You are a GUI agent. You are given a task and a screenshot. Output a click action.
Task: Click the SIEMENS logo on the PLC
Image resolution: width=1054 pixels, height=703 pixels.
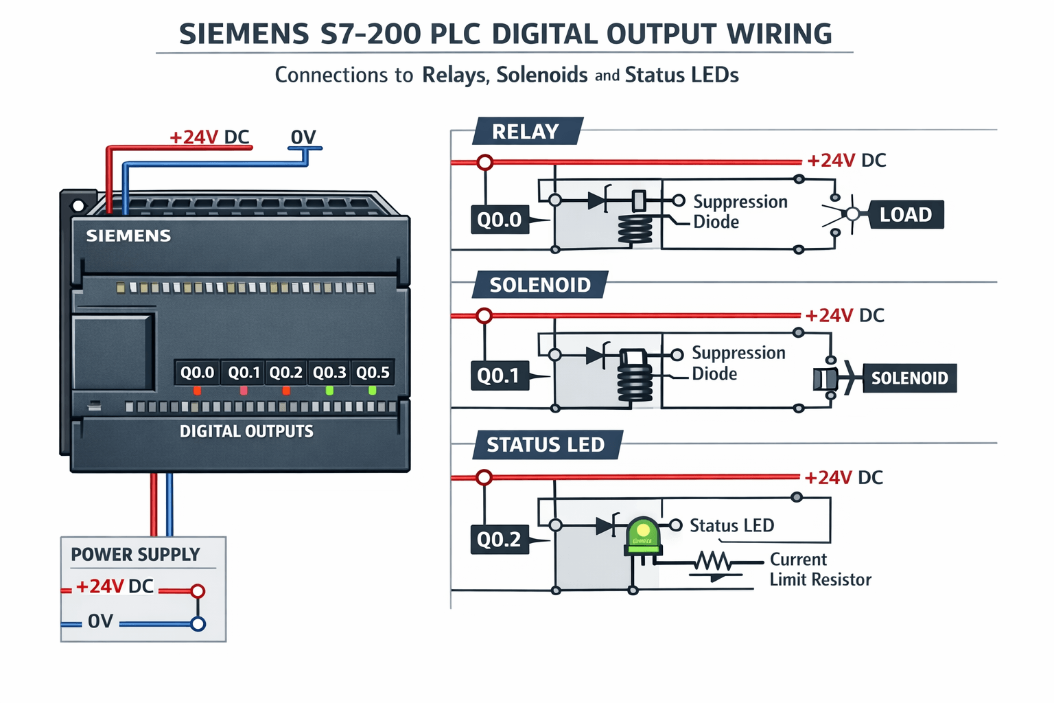(x=128, y=236)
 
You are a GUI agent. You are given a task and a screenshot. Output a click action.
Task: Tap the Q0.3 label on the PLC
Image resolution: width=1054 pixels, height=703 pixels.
(x=329, y=373)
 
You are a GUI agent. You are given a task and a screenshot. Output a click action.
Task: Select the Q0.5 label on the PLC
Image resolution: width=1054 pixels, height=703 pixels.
(x=373, y=373)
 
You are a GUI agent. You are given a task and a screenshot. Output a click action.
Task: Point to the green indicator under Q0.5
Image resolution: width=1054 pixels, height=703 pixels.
(x=373, y=391)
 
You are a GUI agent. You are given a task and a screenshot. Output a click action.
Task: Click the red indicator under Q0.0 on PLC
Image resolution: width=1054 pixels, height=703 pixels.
(x=198, y=391)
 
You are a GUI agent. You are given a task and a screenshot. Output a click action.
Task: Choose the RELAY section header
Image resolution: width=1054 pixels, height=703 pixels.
(x=526, y=131)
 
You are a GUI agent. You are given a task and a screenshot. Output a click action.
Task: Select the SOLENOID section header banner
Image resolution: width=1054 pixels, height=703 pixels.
(x=540, y=285)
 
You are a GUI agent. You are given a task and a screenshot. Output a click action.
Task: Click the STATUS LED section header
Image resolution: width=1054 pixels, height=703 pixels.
(x=546, y=445)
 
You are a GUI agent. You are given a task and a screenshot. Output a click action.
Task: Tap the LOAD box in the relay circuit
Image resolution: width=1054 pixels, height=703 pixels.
(x=905, y=215)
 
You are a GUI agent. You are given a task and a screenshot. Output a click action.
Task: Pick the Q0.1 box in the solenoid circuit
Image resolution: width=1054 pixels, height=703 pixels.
(x=499, y=376)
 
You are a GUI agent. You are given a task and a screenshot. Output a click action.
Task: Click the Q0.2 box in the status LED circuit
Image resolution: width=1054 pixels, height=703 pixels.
(x=500, y=539)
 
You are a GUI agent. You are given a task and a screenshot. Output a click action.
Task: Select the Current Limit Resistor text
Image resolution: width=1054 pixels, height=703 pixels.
(x=820, y=570)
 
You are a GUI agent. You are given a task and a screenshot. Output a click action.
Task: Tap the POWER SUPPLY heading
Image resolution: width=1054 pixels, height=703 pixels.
(x=135, y=555)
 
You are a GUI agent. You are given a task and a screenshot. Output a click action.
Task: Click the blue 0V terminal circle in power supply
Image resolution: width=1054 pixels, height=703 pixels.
(x=198, y=624)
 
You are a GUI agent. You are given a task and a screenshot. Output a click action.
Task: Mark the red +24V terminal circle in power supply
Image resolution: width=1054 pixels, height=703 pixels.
(x=198, y=590)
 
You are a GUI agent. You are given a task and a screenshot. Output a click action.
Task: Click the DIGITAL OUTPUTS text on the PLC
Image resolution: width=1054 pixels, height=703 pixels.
(x=246, y=431)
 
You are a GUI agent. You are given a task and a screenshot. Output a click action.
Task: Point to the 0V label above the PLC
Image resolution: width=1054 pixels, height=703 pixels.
(x=303, y=137)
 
